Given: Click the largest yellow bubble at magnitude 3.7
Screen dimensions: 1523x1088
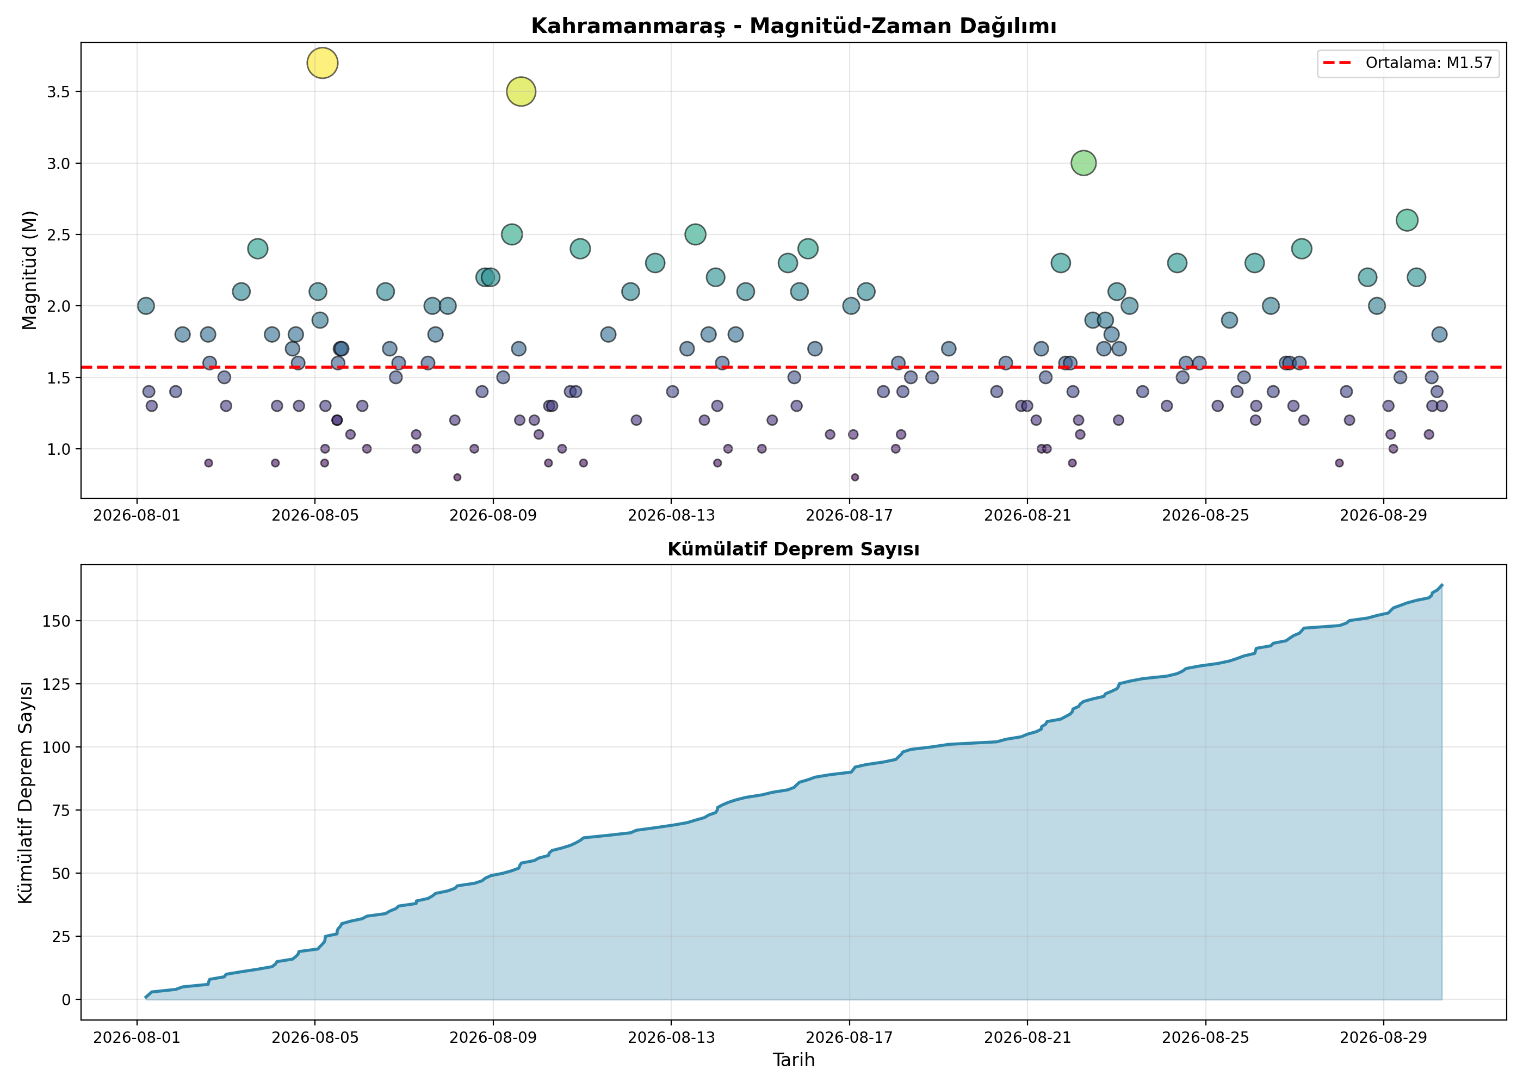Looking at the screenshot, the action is [x=322, y=63].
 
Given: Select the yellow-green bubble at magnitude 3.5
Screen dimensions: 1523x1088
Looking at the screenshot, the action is [x=521, y=92].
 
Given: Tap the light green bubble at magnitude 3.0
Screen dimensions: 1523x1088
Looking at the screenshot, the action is [x=1083, y=163].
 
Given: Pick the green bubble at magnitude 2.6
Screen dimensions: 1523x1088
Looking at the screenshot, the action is [x=1407, y=220].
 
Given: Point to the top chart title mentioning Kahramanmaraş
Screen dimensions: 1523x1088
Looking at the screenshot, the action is [x=794, y=26].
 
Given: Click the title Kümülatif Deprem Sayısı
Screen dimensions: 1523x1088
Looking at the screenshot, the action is [x=794, y=549].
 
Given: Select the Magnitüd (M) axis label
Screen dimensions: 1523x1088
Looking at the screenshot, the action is [x=29, y=270].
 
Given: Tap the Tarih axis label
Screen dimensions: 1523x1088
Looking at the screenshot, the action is [x=794, y=1060].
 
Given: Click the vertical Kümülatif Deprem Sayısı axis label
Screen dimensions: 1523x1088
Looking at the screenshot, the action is [x=26, y=792].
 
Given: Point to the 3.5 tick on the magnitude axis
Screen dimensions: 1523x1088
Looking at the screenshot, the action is [x=58, y=92].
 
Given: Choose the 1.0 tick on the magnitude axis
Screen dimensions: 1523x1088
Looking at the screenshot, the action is [x=58, y=449].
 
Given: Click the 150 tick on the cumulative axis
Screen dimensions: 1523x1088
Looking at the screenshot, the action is [x=56, y=621].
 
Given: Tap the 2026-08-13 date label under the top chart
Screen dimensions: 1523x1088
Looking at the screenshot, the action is [x=671, y=515].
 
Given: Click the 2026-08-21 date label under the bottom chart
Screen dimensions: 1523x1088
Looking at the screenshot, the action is [x=1027, y=1038].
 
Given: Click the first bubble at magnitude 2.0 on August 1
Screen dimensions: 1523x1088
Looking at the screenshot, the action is [x=145, y=306].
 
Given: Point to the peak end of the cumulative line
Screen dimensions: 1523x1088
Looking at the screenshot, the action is [x=1442, y=585].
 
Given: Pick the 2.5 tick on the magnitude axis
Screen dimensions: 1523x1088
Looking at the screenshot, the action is [x=58, y=234].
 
